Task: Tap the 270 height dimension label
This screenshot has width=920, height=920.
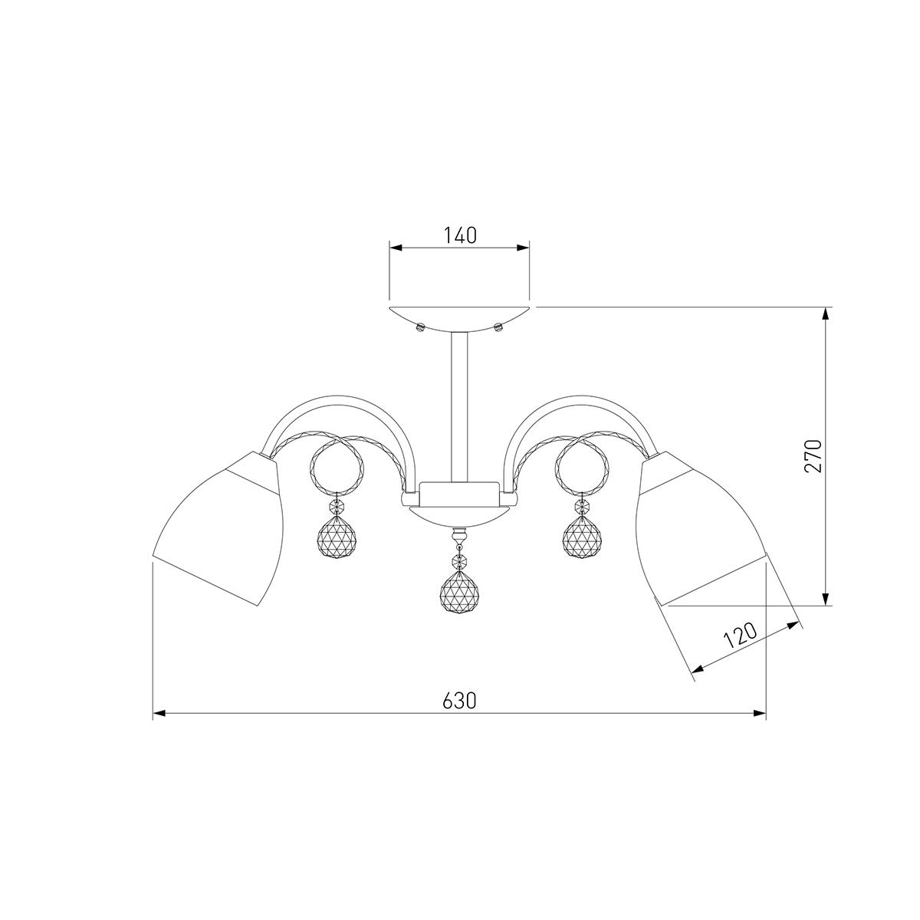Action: pos(813,455)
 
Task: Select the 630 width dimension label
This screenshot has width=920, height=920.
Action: pos(459,701)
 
